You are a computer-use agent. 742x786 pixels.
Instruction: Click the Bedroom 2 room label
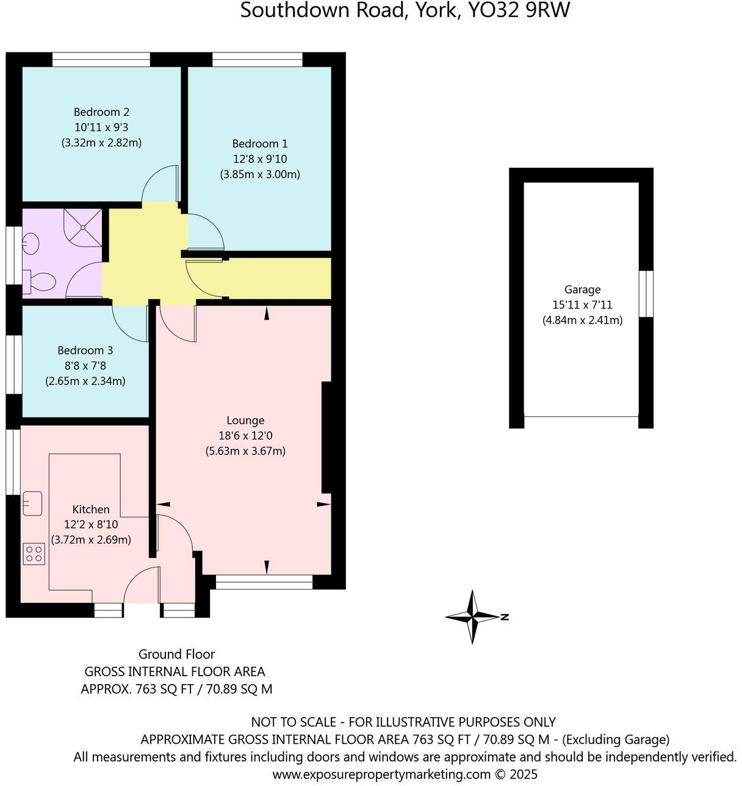[101, 112]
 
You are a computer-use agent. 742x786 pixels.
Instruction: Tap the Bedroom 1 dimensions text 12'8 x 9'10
[260, 159]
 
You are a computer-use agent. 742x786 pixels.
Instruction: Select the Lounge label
[245, 420]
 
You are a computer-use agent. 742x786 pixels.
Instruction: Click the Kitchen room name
[91, 509]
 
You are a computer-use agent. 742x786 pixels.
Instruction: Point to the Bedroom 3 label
[85, 350]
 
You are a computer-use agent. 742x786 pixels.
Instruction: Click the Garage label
[582, 289]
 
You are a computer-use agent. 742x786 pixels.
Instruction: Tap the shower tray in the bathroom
[83, 228]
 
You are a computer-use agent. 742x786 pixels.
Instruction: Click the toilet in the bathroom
[40, 282]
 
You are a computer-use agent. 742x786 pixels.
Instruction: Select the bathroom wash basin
[31, 245]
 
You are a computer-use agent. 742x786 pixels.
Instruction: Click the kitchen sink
[32, 503]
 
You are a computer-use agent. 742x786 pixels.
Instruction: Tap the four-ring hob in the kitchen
[34, 554]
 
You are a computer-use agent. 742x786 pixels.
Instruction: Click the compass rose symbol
[473, 617]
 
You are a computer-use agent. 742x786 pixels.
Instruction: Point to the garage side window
[646, 294]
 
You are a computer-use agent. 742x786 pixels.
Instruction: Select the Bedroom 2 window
[101, 59]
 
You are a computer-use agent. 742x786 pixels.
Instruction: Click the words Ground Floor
[176, 654]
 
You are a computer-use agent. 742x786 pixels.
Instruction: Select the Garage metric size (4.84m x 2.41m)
[582, 320]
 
